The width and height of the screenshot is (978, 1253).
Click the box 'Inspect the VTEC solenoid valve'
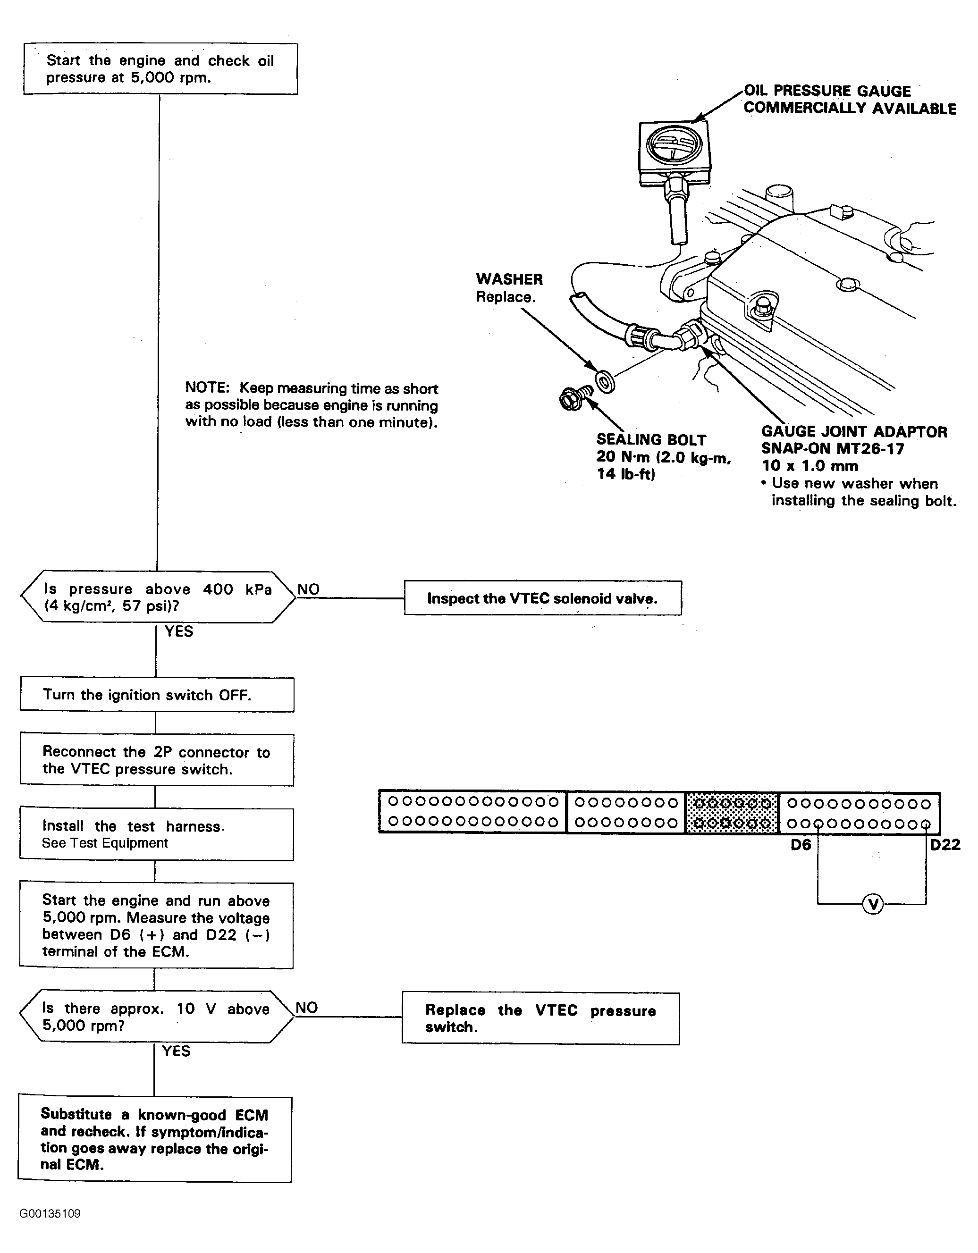tap(542, 598)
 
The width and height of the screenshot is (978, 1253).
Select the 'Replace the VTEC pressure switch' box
tap(540, 1018)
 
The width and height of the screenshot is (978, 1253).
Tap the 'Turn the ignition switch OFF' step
tap(157, 695)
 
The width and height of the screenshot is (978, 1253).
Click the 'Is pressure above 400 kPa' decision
tap(158, 597)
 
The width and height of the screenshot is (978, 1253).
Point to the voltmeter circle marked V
tap(872, 905)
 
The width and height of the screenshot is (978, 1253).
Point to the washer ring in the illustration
tap(604, 381)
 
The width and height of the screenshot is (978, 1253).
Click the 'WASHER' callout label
tap(509, 279)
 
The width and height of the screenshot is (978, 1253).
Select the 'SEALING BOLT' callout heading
tap(651, 440)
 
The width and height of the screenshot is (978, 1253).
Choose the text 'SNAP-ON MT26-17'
tap(832, 449)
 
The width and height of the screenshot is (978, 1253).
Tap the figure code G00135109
tap(50, 1213)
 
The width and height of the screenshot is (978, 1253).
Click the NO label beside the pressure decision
tap(309, 589)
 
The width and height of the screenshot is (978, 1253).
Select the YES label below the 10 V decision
tap(176, 1051)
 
